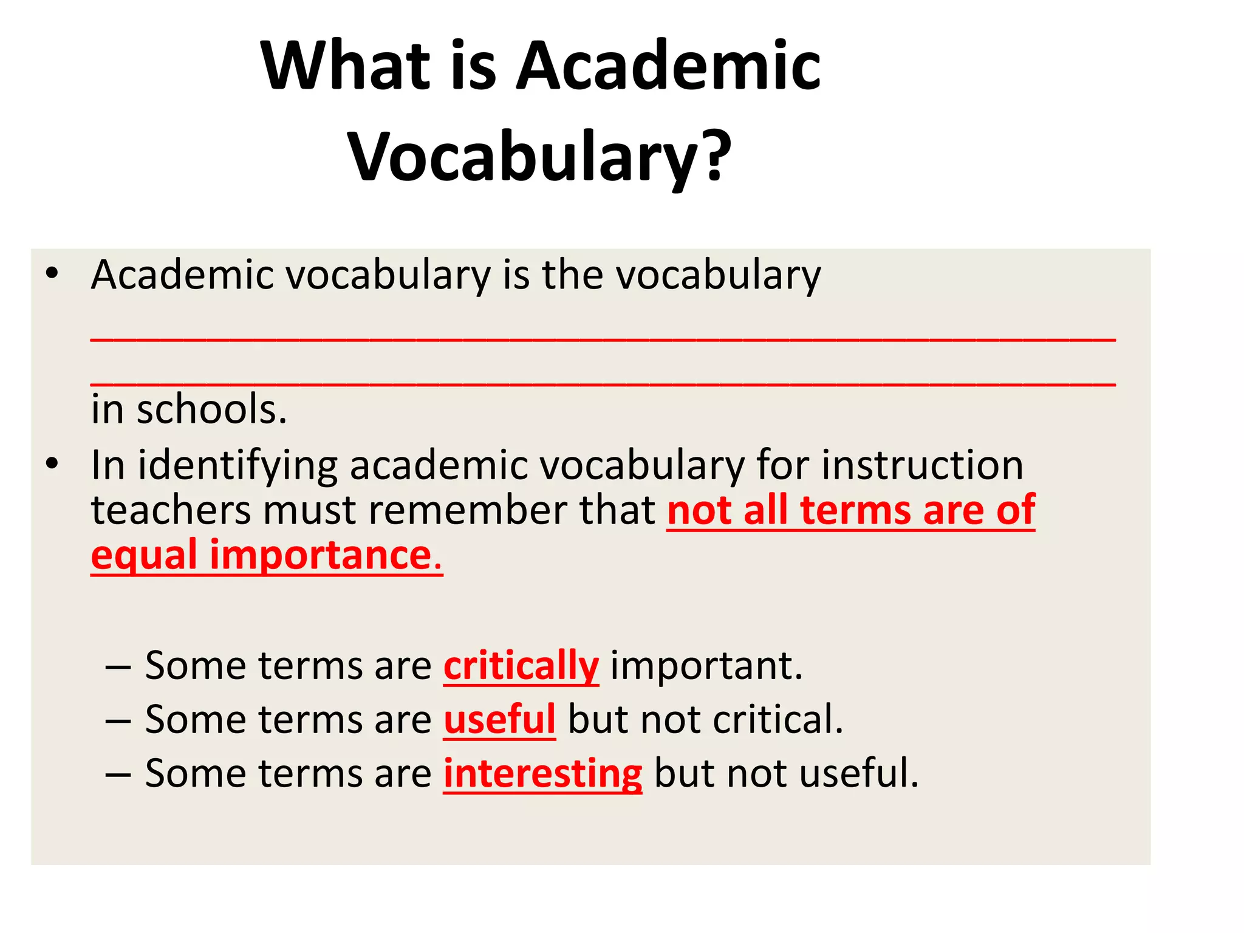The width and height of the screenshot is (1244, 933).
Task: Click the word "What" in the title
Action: coord(346,66)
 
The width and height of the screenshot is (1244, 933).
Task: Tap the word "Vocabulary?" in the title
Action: coord(540,156)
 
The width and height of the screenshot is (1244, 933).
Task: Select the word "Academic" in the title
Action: coord(668,66)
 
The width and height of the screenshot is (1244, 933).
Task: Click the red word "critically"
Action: coord(521,666)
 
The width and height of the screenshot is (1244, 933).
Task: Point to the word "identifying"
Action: coord(238,466)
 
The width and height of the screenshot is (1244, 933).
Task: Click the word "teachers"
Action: coord(171,510)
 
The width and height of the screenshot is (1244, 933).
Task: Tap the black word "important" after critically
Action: coord(706,666)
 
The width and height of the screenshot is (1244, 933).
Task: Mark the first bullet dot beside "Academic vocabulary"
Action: coord(52,274)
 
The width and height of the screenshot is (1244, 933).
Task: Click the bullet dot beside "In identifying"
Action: coord(52,464)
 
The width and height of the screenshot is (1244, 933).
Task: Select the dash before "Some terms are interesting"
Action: coord(118,774)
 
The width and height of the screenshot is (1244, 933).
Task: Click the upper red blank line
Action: coord(603,340)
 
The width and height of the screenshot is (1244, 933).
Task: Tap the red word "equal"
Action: coord(144,556)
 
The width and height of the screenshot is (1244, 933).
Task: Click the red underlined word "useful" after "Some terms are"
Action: coord(499,720)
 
